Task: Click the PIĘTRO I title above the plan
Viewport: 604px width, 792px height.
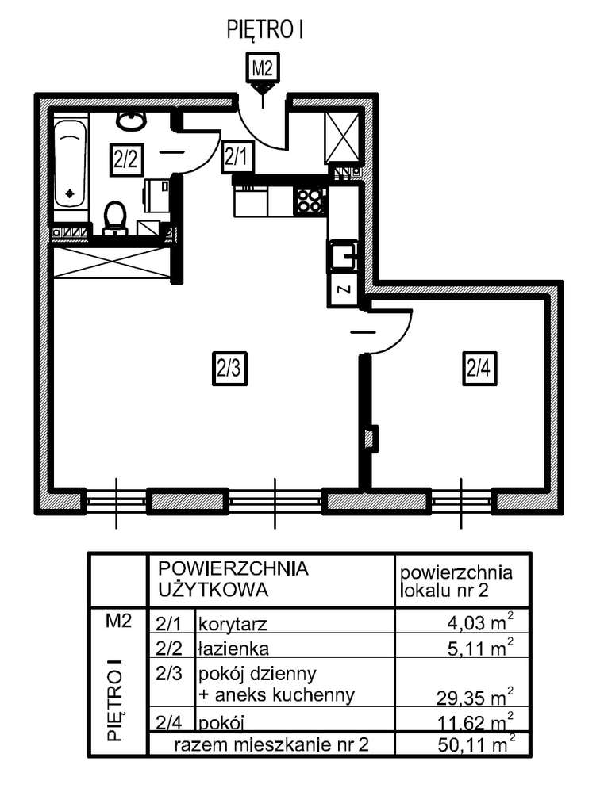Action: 266,31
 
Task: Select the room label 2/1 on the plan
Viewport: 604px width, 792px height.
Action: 237,156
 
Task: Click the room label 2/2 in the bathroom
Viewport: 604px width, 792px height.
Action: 125,158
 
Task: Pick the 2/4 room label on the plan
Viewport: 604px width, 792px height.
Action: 480,369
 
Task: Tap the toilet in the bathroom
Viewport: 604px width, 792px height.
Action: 116,216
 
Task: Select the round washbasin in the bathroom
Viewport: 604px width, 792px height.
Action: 130,120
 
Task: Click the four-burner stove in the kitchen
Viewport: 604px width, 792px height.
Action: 310,201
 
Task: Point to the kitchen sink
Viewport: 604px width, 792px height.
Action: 344,255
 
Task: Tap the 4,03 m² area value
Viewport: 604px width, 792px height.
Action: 479,621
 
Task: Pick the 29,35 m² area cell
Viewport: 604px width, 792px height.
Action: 473,698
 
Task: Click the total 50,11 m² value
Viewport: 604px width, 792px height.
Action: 474,744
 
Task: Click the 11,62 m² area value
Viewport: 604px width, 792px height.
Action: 474,721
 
